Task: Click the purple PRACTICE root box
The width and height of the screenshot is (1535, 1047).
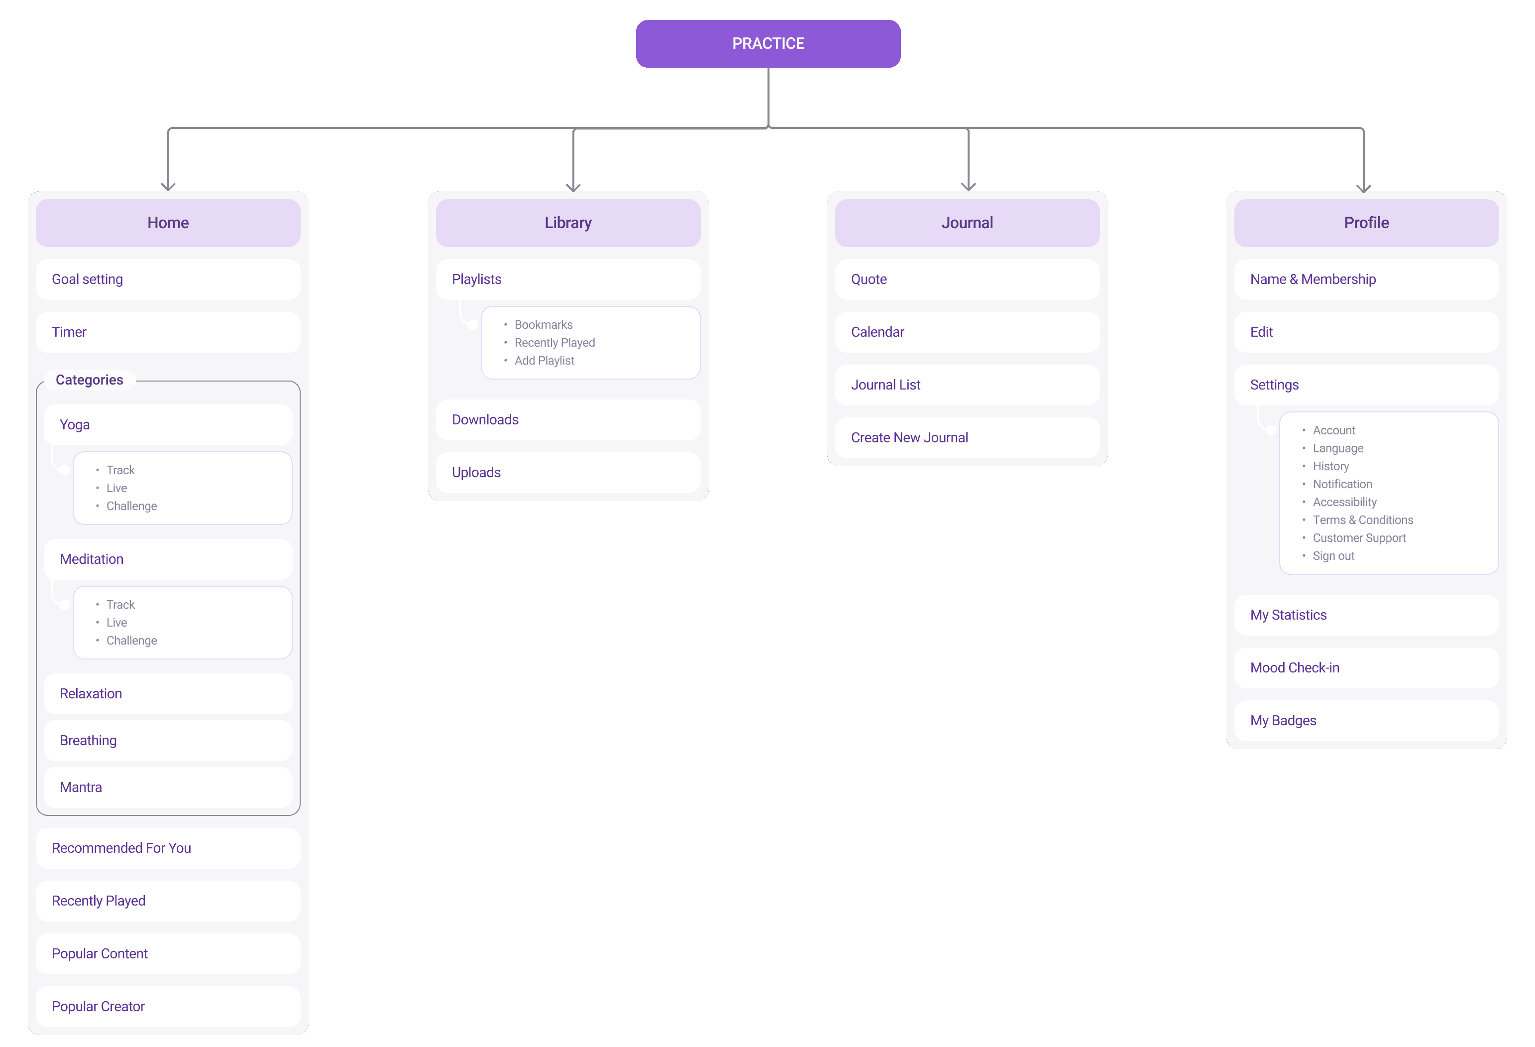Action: pos(767,44)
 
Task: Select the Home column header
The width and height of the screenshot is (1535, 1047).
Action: pos(168,223)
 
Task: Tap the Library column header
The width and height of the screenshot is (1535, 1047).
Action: pos(568,223)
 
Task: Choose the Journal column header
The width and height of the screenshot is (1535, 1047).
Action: pos(967,223)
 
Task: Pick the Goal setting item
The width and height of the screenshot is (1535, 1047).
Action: pos(168,279)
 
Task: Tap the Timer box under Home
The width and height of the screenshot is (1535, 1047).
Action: pos(168,332)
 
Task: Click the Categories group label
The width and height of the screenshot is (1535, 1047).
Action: pos(89,380)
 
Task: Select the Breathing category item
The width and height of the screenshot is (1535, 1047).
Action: pos(168,740)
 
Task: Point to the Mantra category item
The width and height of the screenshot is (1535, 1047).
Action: pos(168,787)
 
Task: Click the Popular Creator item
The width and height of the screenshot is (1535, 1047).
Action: pos(168,1006)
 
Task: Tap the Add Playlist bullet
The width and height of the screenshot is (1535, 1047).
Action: pos(544,360)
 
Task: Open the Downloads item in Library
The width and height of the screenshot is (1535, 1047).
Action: pos(568,420)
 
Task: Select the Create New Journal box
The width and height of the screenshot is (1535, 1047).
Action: pos(967,437)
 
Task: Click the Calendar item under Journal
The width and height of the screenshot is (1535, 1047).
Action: pos(967,332)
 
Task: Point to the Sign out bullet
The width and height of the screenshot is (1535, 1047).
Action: pos(1333,556)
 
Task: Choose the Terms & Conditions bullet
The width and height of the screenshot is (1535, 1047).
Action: pos(1363,520)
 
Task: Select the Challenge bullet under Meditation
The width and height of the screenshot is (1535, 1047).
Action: pos(131,641)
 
